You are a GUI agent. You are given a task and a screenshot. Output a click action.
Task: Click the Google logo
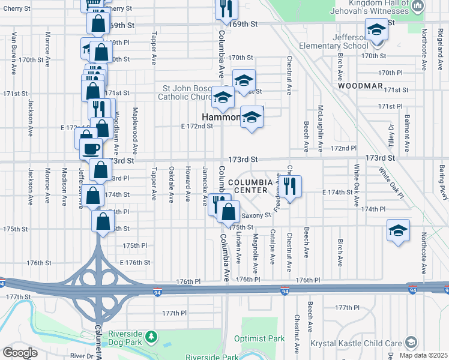pyautogui.click(x=20, y=352)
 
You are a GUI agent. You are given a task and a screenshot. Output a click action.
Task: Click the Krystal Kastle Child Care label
pyautogui.click(x=357, y=344)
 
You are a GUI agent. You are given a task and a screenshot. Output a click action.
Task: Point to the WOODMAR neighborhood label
pyautogui.click(x=360, y=86)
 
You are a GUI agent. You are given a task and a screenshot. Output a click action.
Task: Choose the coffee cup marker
pyautogui.click(x=92, y=148)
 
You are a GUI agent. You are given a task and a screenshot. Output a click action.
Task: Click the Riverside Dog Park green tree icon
pyautogui.click(x=153, y=334)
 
